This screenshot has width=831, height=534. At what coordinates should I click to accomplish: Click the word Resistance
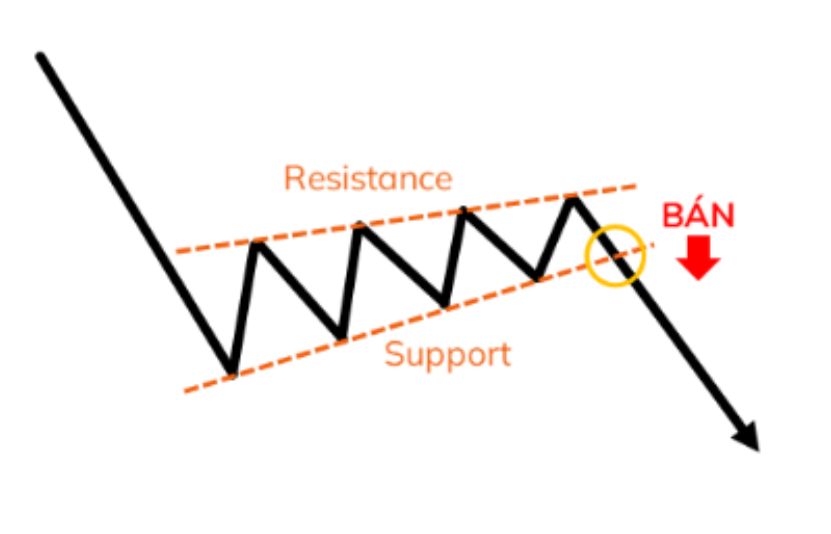click(368, 178)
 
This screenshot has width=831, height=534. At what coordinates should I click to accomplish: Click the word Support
click(447, 355)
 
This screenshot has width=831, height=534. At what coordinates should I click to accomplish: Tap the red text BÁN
click(698, 215)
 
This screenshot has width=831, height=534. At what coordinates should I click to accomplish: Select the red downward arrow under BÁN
click(698, 257)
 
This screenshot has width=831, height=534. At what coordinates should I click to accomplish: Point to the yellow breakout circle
click(587, 255)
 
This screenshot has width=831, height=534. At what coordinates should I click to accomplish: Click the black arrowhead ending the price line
click(748, 438)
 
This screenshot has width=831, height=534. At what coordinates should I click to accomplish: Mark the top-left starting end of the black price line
click(40, 55)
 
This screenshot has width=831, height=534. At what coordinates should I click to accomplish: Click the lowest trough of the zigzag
click(231, 372)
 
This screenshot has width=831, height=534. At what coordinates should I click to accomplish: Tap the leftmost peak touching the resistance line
click(258, 244)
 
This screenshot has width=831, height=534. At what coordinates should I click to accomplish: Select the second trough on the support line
click(341, 336)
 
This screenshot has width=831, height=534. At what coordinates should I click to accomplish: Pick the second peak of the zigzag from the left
click(360, 226)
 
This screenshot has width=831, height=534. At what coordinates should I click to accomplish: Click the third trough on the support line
click(445, 304)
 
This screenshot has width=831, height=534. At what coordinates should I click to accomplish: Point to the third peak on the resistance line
click(464, 210)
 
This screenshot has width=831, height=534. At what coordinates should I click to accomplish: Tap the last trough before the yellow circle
click(537, 277)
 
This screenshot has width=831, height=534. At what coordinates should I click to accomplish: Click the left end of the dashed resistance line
click(177, 252)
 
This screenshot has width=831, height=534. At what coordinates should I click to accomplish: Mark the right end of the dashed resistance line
click(635, 186)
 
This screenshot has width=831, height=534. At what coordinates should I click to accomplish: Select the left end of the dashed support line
click(185, 391)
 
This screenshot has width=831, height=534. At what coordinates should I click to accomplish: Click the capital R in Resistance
click(295, 178)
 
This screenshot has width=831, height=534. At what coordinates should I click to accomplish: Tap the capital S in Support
click(394, 353)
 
